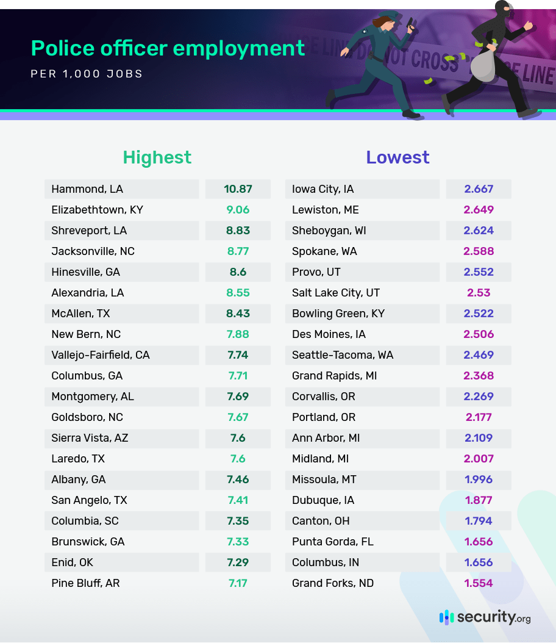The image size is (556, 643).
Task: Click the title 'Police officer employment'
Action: click(x=168, y=48)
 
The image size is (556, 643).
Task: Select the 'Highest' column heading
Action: click(x=157, y=157)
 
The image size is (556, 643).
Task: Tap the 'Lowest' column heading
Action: click(x=397, y=157)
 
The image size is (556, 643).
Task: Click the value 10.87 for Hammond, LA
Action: click(x=238, y=189)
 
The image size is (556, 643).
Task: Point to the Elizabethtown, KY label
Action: click(x=97, y=210)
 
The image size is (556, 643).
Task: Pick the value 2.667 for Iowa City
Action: click(x=479, y=189)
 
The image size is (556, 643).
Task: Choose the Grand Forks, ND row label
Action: click(x=333, y=583)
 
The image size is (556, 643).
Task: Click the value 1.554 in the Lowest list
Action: click(x=479, y=583)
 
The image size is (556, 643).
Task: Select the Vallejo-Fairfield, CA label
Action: click(x=101, y=355)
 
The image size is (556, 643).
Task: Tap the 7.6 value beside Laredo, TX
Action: click(x=238, y=459)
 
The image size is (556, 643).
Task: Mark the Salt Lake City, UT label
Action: click(x=336, y=293)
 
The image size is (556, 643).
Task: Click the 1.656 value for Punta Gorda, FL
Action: click(x=479, y=542)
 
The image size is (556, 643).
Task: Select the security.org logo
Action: click(x=485, y=617)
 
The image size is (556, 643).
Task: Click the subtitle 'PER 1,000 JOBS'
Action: click(x=87, y=74)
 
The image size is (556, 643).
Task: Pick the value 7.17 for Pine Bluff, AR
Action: click(x=238, y=583)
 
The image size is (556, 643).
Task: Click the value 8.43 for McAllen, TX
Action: click(x=238, y=314)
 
